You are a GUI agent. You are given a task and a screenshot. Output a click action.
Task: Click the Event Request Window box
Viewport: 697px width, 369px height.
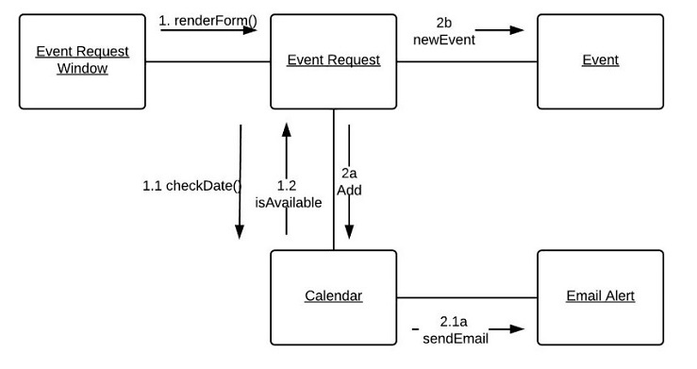point(82,60)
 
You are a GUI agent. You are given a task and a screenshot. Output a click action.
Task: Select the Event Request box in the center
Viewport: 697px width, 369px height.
point(333,60)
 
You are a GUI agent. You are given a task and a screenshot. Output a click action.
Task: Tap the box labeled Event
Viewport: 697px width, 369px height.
point(600,60)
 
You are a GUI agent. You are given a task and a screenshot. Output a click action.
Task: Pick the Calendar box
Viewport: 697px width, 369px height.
point(333,296)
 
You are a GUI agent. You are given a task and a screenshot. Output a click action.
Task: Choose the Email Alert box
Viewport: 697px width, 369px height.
point(600,296)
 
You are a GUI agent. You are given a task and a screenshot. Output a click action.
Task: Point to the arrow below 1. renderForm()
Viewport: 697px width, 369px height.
point(208,30)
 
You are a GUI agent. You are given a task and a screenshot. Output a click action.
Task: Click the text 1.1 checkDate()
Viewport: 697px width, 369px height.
point(191,186)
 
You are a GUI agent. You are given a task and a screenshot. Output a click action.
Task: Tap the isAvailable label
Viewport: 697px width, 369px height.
point(288,202)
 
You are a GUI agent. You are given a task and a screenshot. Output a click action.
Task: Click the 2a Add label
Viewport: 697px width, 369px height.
point(349,181)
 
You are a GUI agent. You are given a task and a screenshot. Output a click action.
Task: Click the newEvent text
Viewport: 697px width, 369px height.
point(443,40)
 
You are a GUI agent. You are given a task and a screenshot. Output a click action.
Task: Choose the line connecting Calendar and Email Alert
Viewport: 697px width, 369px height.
point(467,297)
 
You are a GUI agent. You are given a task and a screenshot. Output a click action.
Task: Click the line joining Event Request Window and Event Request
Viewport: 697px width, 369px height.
point(207,62)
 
